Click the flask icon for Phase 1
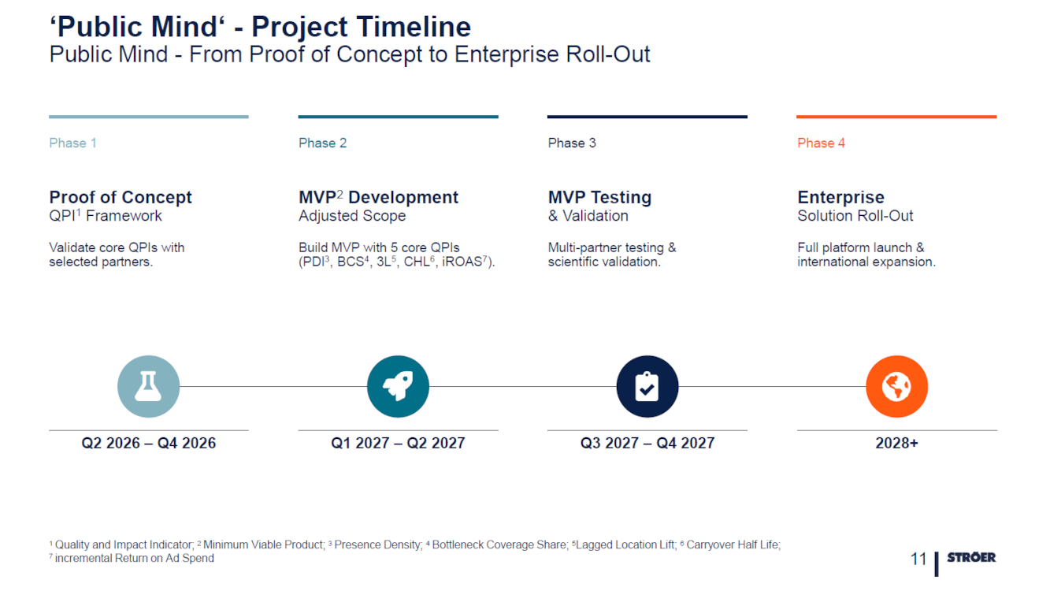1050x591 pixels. tap(148, 387)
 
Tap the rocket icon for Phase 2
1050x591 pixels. tap(398, 387)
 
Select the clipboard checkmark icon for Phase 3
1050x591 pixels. tap(647, 387)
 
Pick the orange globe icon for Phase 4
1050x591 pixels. tap(896, 387)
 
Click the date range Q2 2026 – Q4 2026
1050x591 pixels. tap(149, 443)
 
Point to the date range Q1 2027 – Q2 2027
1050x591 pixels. tap(398, 443)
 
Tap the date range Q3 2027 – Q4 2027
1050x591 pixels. tap(647, 443)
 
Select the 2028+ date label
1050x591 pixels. tap(896, 443)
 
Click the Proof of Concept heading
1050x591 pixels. tap(121, 197)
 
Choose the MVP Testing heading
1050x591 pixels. tap(599, 197)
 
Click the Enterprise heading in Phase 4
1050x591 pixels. tap(840, 197)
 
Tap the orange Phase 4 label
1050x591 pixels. tap(821, 143)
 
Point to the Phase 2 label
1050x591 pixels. tap(322, 143)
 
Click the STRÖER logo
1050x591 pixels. tap(970, 557)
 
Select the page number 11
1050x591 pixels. tap(918, 559)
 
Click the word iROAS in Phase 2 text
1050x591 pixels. tap(463, 262)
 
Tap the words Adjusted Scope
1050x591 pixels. tap(352, 216)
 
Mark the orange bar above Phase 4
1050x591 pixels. tap(896, 117)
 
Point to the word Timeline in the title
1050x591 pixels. tap(416, 27)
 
